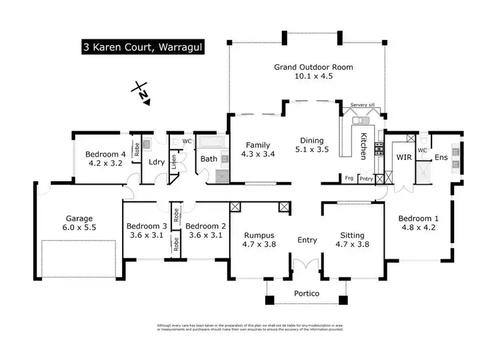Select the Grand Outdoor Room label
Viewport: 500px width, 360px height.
click(313, 67)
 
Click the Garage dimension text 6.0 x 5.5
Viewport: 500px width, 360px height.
click(79, 227)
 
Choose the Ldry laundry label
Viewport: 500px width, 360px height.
click(157, 161)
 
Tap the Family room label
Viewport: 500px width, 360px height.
click(257, 145)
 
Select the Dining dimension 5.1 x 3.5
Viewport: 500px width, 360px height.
click(312, 150)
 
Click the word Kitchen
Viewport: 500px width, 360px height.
click(364, 147)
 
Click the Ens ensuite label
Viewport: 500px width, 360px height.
click(441, 158)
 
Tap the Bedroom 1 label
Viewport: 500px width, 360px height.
click(418, 218)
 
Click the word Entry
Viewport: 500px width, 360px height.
click(307, 239)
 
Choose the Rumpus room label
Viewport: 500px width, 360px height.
click(259, 235)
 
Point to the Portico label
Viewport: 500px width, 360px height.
click(307, 294)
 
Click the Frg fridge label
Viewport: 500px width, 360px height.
click(349, 179)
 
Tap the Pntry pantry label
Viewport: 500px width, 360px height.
click(366, 179)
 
